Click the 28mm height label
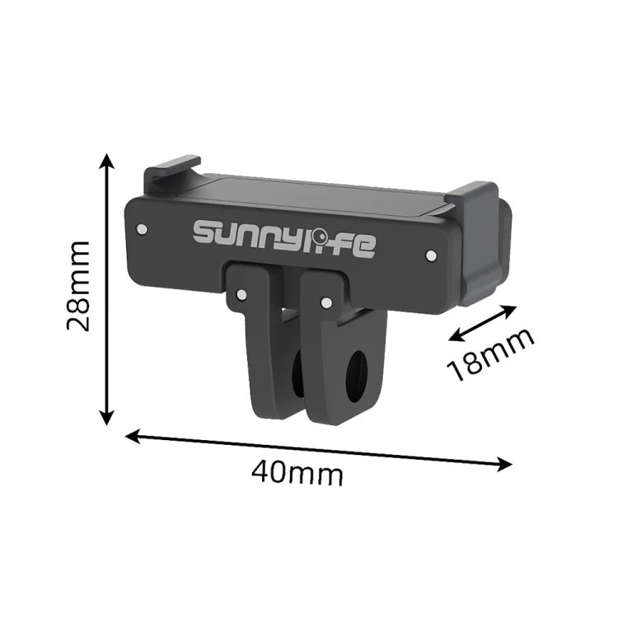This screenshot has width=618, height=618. (x=78, y=286)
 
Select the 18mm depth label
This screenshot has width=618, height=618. (x=491, y=354)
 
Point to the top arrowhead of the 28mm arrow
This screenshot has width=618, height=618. (x=106, y=160)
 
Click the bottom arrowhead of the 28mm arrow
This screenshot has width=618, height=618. (x=106, y=418)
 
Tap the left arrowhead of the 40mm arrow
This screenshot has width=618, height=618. (x=133, y=436)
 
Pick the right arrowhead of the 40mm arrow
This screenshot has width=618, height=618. (x=505, y=464)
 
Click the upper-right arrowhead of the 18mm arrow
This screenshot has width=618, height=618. (x=509, y=309)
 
